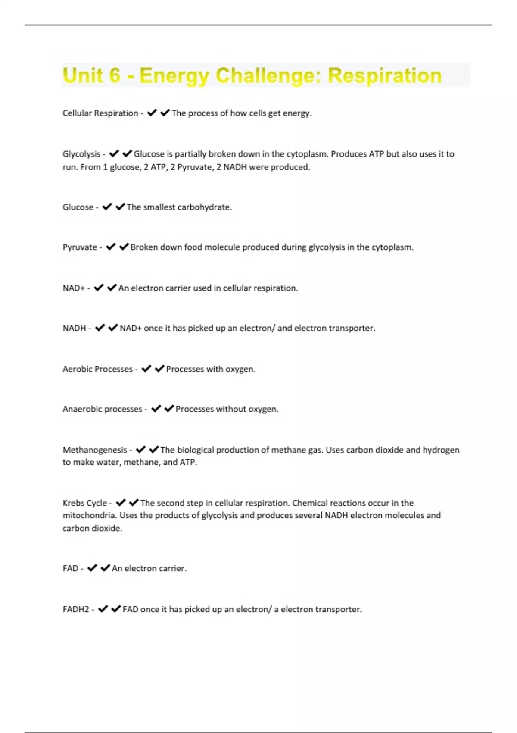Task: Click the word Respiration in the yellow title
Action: [384, 75]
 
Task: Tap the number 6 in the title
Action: [115, 75]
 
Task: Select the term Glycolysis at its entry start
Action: [81, 154]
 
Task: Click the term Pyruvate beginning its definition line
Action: [80, 247]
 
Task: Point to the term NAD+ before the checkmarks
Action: [74, 288]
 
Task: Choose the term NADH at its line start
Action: [74, 328]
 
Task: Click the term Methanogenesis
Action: [95, 450]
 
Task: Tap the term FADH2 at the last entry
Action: [76, 609]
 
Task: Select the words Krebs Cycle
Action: [84, 503]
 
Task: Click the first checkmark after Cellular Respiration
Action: [152, 113]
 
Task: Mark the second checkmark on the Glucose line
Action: [120, 207]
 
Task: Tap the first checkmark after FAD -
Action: [92, 568]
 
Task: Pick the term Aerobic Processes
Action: [97, 369]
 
